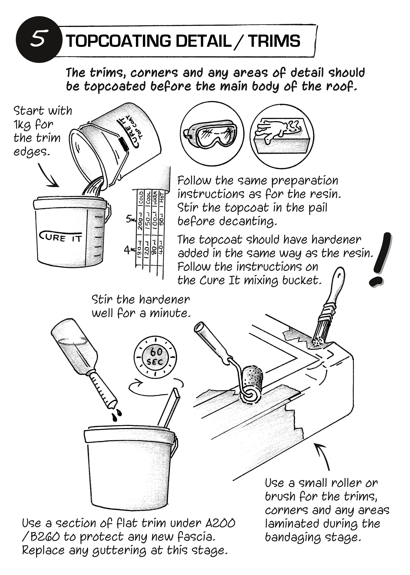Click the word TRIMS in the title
click(274, 41)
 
